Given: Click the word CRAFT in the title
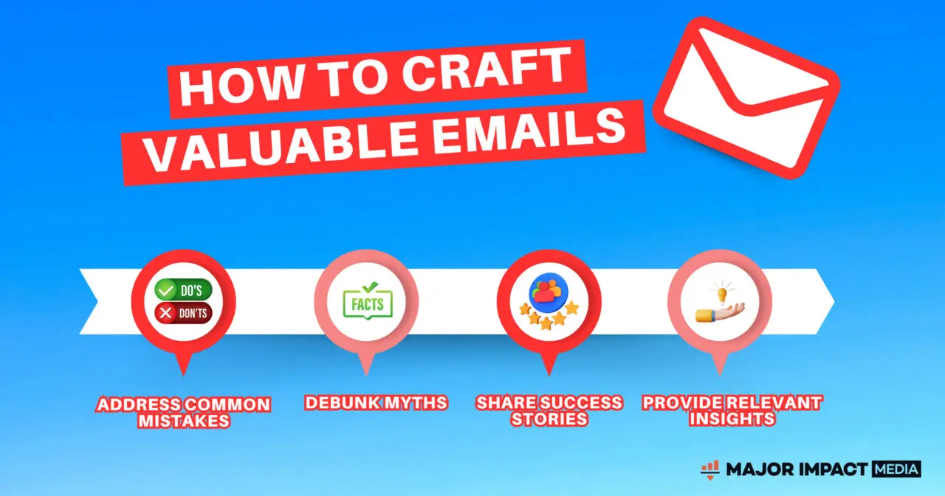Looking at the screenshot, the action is pyautogui.click(x=486, y=69).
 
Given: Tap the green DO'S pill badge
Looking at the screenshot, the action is pyautogui.click(x=183, y=290).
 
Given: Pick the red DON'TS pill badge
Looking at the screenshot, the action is pyautogui.click(x=183, y=312).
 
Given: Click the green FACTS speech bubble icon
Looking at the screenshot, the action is pyautogui.click(x=368, y=300).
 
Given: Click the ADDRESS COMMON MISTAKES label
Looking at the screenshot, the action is pyautogui.click(x=184, y=412).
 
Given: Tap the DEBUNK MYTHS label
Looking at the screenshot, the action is pyautogui.click(x=376, y=402).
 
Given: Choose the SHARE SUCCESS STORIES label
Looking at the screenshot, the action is pyautogui.click(x=549, y=410).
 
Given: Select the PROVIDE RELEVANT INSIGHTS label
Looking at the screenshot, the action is pyautogui.click(x=732, y=410).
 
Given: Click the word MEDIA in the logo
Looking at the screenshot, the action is pyautogui.click(x=896, y=469).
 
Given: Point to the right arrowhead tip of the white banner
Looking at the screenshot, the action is pyautogui.click(x=834, y=301).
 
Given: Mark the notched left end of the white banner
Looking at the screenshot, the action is pyautogui.click(x=98, y=301).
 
